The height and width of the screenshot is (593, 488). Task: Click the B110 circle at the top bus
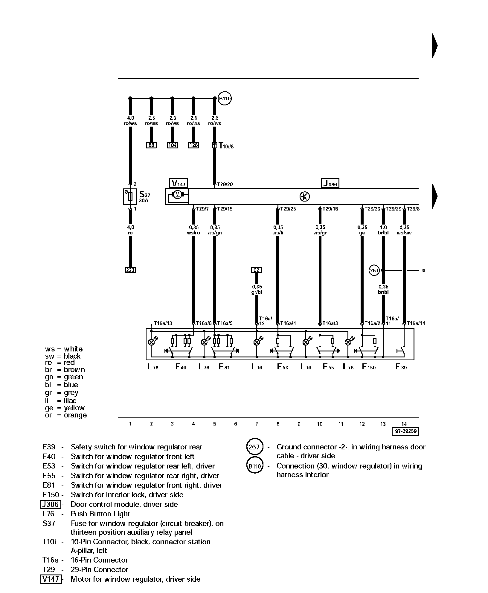click(x=225, y=99)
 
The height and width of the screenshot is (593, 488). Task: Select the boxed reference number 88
click(x=151, y=145)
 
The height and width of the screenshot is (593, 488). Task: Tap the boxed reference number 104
click(x=172, y=145)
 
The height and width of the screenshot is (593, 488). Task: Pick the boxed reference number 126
click(x=193, y=145)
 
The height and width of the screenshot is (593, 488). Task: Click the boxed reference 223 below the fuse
click(x=130, y=270)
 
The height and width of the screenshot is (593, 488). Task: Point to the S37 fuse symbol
click(x=130, y=196)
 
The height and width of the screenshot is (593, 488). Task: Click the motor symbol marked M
click(x=177, y=195)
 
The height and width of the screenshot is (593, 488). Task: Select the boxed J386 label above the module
click(x=330, y=183)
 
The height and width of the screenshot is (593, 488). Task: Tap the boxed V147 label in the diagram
click(x=179, y=183)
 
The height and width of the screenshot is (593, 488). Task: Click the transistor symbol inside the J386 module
click(x=305, y=196)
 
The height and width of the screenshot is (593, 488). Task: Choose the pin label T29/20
click(x=225, y=185)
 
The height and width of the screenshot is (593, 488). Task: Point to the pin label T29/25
click(x=288, y=209)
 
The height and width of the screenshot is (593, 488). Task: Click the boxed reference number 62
click(x=257, y=270)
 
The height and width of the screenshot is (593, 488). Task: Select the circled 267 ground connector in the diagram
click(x=374, y=271)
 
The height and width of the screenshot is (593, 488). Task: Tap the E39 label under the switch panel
click(x=401, y=367)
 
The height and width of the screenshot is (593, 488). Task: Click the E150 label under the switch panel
click(x=369, y=367)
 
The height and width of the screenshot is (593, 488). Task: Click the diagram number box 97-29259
click(x=405, y=431)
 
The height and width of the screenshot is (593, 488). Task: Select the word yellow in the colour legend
click(x=74, y=408)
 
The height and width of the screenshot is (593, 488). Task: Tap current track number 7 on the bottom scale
click(x=257, y=424)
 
